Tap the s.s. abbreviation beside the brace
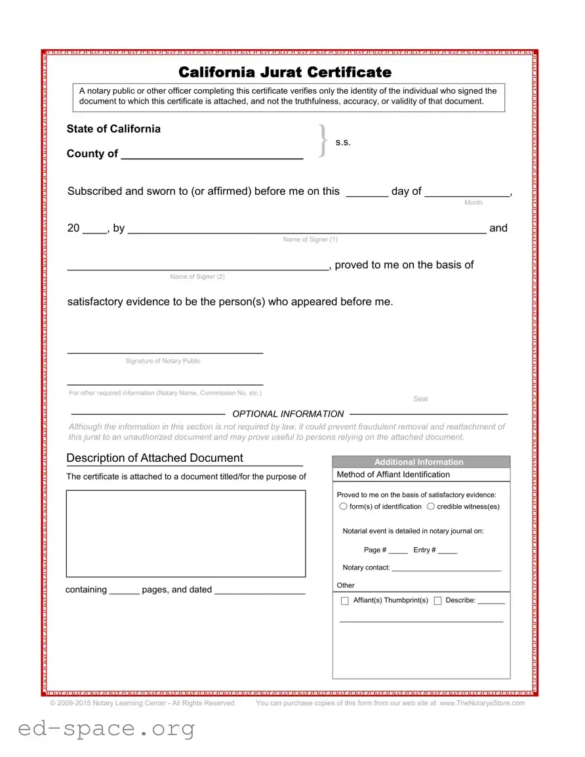point(343,142)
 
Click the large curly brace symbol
point(322,141)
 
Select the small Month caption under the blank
point(473,203)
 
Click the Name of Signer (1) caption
point(310,239)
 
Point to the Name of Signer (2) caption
point(197,276)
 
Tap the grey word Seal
point(420,399)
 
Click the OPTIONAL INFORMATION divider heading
point(288,414)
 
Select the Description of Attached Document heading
point(155,458)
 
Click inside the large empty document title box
point(186,533)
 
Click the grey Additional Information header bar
point(420,462)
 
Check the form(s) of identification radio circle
point(343,506)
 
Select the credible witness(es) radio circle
point(431,506)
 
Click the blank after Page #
point(397,551)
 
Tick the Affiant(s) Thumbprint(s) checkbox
point(345,601)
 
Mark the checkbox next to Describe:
point(437,601)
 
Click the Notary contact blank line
point(446,569)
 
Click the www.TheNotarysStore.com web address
point(482,703)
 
